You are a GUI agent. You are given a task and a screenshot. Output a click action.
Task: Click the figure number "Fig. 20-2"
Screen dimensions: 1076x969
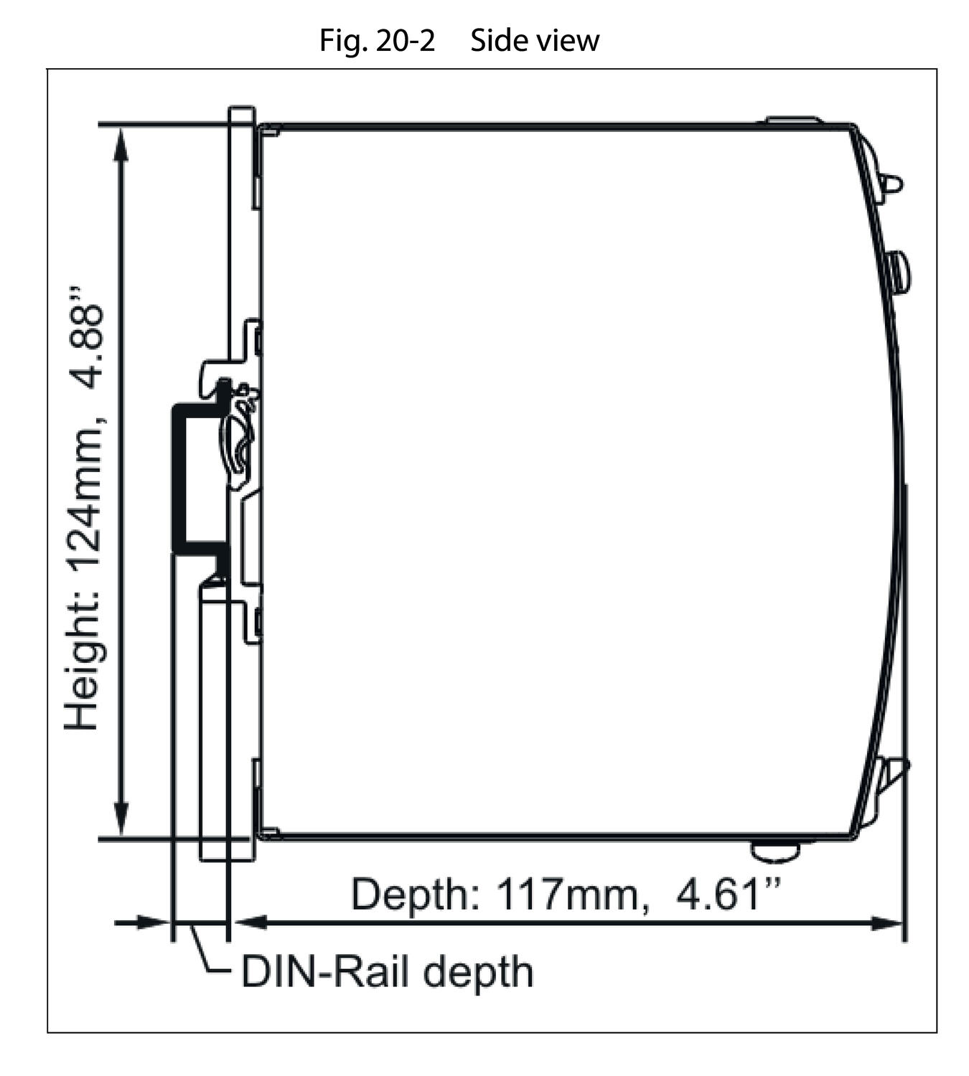point(377,41)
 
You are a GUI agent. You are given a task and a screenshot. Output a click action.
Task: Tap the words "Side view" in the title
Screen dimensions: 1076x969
point(534,41)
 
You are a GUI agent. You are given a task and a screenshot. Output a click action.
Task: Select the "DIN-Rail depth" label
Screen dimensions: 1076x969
point(387,973)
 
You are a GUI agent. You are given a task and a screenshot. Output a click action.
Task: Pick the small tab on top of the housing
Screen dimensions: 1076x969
point(793,121)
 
